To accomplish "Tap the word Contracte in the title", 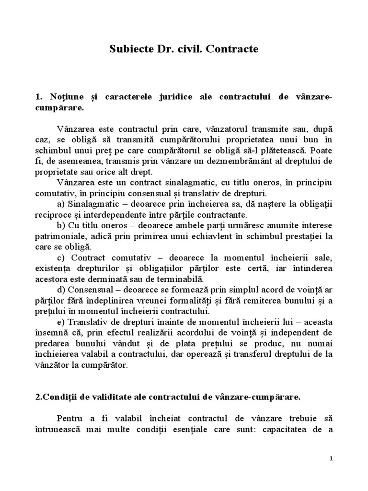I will [233, 49].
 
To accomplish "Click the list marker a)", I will [61, 204].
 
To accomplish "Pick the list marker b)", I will [61, 226].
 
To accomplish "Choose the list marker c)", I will [61, 258].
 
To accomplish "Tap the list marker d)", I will [61, 290].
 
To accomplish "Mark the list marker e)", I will [61, 322].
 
